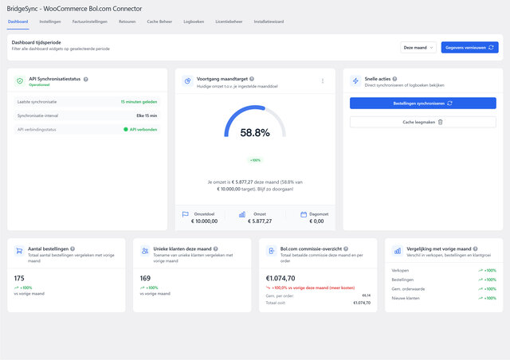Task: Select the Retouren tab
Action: (127, 22)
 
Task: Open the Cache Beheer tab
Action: (159, 22)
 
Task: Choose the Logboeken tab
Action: (194, 22)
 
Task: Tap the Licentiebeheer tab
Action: (229, 22)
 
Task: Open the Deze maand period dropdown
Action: (418, 48)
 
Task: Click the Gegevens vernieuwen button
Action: (469, 48)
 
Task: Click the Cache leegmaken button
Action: (423, 122)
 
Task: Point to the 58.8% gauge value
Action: (255, 133)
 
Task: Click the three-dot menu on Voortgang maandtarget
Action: (323, 80)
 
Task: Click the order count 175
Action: (20, 279)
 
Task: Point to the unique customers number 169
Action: (145, 279)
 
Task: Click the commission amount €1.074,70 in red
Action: (280, 279)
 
